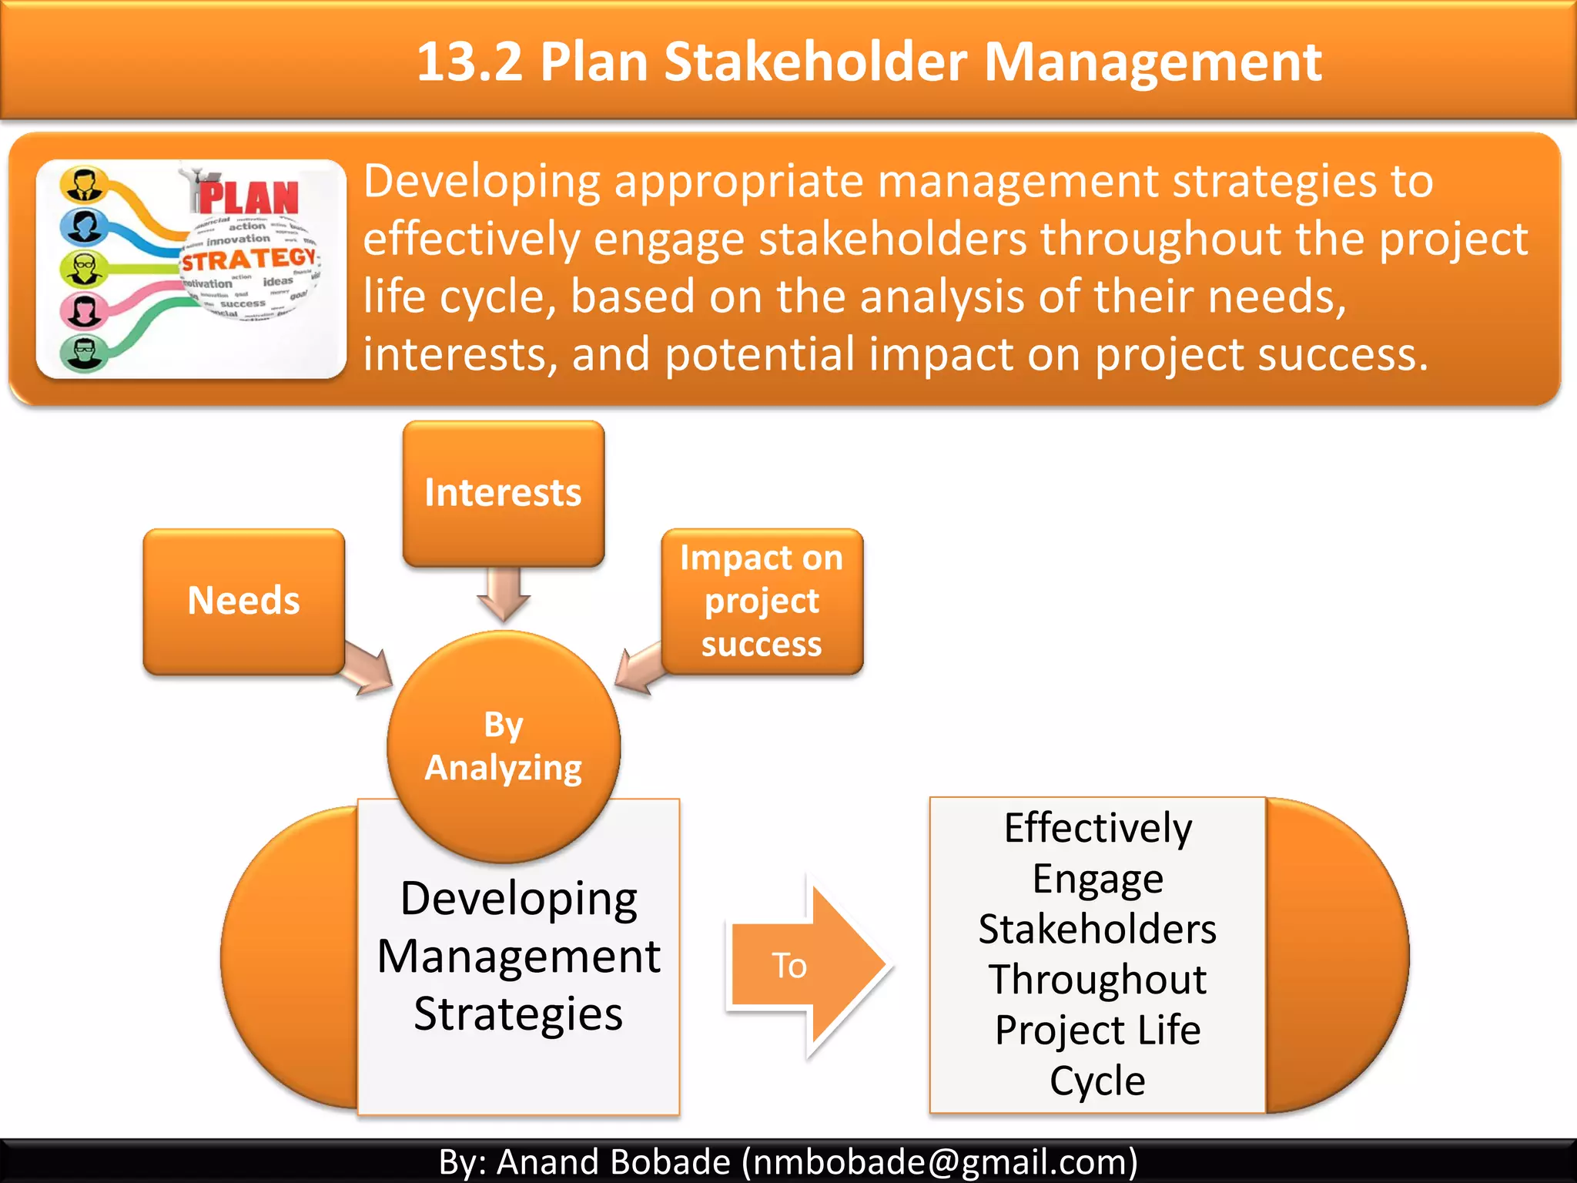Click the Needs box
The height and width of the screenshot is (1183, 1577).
pos(243,601)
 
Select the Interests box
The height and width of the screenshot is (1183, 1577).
pos(503,493)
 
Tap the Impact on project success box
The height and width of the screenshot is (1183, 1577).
pos(762,601)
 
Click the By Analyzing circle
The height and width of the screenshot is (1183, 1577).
pos(504,746)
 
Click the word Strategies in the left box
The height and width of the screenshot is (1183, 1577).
pos(518,1014)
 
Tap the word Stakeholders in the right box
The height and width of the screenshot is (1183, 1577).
pos(1097,929)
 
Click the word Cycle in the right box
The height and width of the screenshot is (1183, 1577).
pos(1097,1081)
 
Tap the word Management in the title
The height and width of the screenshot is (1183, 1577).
pos(1153,62)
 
